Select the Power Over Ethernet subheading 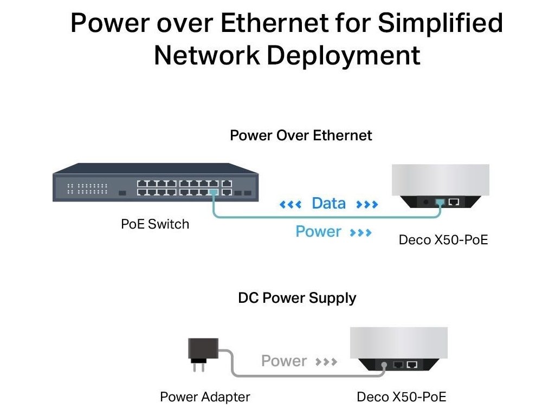pyautogui.click(x=301, y=135)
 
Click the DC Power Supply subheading pyautogui.click(x=297, y=298)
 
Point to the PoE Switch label pyautogui.click(x=155, y=224)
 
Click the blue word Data pyautogui.click(x=328, y=204)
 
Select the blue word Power pyautogui.click(x=318, y=232)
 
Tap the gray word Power pyautogui.click(x=284, y=361)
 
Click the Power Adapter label pyautogui.click(x=205, y=397)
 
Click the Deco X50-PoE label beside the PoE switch pyautogui.click(x=443, y=239)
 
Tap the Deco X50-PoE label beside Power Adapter pyautogui.click(x=401, y=397)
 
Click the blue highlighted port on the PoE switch pyautogui.click(x=214, y=192)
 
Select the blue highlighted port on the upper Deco pyautogui.click(x=440, y=202)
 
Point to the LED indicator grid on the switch pyautogui.click(x=87, y=188)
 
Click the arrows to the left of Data pyautogui.click(x=290, y=204)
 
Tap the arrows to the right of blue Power pyautogui.click(x=361, y=232)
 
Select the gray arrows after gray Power pyautogui.click(x=327, y=361)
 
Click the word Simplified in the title pyautogui.click(x=440, y=24)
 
